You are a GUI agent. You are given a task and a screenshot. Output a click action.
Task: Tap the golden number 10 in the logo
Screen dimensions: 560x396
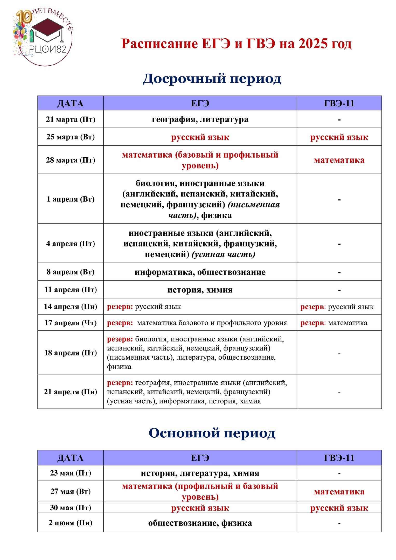(24, 17)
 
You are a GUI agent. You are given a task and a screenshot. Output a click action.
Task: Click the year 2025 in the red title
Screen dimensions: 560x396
(313, 44)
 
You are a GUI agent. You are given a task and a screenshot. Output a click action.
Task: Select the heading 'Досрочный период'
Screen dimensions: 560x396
(212, 78)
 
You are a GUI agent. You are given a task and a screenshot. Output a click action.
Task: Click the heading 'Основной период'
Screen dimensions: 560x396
(212, 433)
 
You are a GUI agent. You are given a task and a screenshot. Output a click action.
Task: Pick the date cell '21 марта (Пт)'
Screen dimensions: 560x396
(71, 119)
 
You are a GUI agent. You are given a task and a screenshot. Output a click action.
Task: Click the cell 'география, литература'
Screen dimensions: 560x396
(200, 119)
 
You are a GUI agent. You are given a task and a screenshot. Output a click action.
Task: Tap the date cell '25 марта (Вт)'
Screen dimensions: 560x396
(71, 137)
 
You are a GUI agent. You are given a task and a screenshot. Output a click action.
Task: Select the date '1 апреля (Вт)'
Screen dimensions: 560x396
(71, 199)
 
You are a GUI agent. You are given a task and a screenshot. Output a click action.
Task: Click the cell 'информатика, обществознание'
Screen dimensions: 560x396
(200, 272)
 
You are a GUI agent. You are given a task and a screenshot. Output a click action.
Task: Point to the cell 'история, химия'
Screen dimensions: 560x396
(200, 290)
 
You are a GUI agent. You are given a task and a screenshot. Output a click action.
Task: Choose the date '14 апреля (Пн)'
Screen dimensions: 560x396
(71, 306)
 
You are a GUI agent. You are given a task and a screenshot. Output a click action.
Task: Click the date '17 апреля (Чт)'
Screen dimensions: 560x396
(71, 323)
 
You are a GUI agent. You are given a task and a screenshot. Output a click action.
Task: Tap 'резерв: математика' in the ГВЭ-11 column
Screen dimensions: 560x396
(334, 323)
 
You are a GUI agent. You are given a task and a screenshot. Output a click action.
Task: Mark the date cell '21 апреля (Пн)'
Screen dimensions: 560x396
(71, 391)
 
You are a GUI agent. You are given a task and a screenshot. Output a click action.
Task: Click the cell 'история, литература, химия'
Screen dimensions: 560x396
(200, 473)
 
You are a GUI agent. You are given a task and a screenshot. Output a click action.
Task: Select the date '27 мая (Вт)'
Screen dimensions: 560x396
(71, 491)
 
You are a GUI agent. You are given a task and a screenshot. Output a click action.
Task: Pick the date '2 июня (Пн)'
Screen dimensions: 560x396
(71, 523)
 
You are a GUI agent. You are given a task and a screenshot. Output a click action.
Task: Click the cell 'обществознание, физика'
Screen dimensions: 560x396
(200, 523)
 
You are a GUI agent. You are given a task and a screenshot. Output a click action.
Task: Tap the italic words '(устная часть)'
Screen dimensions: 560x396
(223, 254)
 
